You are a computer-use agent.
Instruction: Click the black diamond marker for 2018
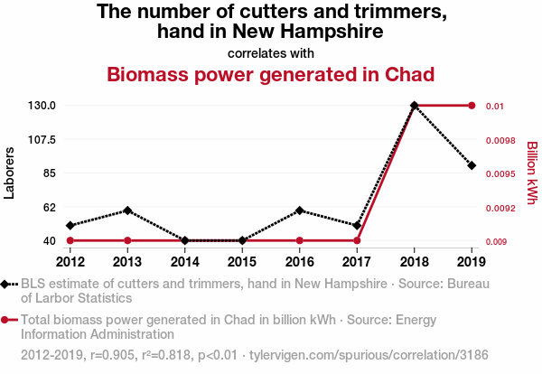415,106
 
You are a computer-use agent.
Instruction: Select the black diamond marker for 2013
127,210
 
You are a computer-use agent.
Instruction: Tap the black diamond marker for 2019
472,165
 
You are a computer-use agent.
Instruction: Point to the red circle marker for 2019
472,106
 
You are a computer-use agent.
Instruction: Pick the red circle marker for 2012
70,240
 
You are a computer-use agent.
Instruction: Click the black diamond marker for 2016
300,210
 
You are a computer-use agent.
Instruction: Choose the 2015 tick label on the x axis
242,262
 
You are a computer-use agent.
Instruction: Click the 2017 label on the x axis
357,262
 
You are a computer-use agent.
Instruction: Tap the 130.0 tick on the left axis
42,106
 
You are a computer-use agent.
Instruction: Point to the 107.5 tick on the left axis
42,139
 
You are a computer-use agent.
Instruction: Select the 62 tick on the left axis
49,207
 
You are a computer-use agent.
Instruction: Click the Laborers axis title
10,173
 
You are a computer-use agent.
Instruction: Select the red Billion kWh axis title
531,173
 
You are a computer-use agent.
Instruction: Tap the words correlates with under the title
271,52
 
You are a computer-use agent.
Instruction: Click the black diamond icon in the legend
7,285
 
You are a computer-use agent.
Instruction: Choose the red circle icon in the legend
7,320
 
